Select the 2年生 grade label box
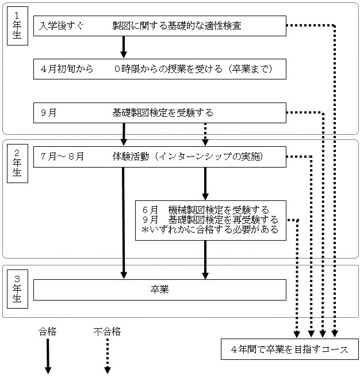click(x=17, y=164)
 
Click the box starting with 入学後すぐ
click(x=159, y=26)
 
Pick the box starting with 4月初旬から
click(x=159, y=69)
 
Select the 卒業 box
click(x=159, y=290)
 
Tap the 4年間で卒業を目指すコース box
click(x=290, y=350)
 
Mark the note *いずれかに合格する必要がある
click(x=210, y=230)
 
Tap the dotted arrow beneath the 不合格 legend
click(x=107, y=356)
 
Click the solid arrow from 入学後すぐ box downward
click(x=124, y=45)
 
